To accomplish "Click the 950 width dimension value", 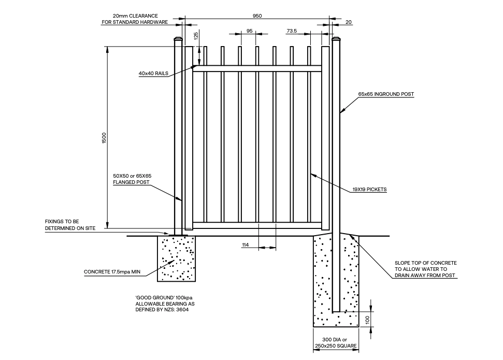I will [257, 16].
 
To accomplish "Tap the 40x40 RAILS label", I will [153, 74].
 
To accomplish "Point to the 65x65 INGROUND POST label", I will [386, 94].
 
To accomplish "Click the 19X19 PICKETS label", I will [369, 190].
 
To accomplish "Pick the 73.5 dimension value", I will [292, 31].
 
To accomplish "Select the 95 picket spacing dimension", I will [250, 31].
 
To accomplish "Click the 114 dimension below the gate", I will [246, 244].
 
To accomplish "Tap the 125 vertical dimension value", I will [196, 36].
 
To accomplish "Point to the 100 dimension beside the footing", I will [367, 321].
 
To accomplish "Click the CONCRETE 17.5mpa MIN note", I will [112, 271].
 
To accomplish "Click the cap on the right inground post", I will [336, 40].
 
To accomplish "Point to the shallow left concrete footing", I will [176, 259].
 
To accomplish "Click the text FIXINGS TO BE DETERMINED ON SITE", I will [70, 225].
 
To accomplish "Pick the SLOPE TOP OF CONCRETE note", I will [425, 269].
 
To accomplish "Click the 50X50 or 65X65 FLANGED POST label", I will [132, 179].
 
